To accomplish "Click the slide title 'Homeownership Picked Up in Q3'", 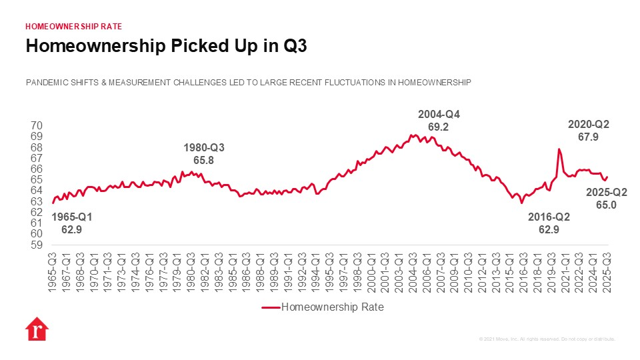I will point(165,46).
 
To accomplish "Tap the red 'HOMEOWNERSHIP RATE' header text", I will point(73,26).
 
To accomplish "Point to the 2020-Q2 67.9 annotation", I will point(588,130).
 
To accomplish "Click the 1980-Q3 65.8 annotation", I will point(204,154).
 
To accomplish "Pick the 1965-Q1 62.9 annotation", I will point(71,223).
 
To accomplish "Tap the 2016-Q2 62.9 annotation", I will point(549,223).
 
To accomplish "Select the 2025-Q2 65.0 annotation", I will point(605,199).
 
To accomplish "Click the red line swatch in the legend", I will point(269,307).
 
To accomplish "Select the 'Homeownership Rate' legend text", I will point(333,307).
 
